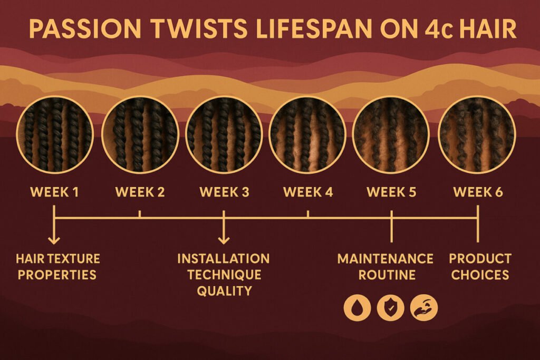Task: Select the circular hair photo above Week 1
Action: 55,134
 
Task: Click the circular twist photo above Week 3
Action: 224,134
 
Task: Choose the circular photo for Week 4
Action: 308,134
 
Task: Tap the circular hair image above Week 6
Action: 476,134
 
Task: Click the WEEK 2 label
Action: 140,192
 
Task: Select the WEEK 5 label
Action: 391,192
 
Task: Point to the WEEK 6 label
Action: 478,192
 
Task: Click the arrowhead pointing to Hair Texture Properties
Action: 54,240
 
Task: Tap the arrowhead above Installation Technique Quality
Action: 224,240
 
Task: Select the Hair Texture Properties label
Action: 57,267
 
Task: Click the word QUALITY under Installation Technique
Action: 224,291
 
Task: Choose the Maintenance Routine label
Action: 385,267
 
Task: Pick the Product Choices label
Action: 480,267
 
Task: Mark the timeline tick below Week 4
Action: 308,215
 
